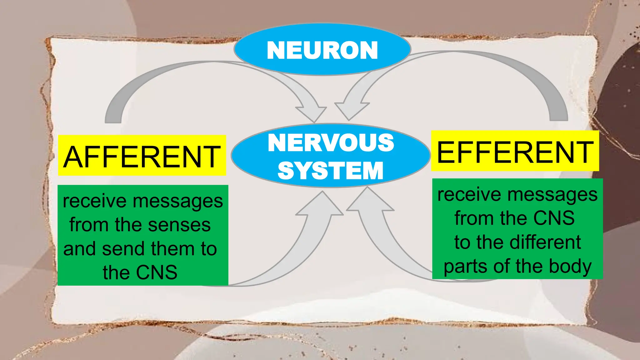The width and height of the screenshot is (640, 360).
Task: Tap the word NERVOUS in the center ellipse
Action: coord(331,143)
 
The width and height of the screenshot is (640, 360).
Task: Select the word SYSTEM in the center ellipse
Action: coord(330,171)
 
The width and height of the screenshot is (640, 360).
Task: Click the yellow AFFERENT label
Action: coord(142,156)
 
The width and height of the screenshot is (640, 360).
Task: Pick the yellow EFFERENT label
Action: coord(515,152)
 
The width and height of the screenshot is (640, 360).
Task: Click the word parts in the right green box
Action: coord(463,266)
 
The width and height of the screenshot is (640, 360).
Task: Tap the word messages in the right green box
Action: coord(552,194)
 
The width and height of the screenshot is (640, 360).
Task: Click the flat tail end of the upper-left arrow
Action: coord(113,120)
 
